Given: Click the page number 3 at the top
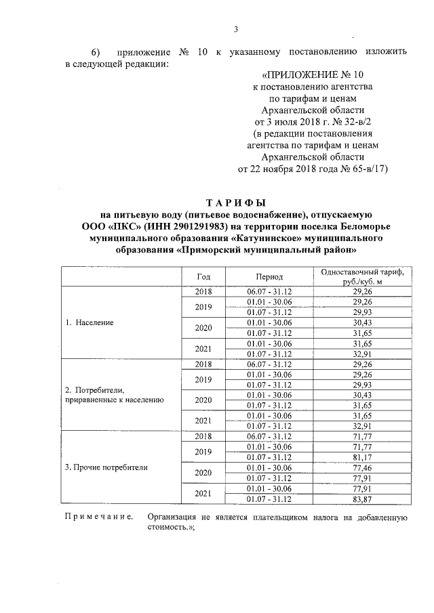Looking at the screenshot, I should [236, 28].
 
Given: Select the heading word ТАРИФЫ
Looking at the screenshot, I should [236, 203].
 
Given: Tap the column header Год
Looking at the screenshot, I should [203, 277].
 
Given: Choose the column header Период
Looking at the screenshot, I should [269, 277].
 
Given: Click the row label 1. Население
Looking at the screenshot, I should [90, 322].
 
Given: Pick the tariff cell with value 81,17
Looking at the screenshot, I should [363, 457].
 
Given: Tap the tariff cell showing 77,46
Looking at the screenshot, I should [363, 467].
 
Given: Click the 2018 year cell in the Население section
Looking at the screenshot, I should [203, 291].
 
